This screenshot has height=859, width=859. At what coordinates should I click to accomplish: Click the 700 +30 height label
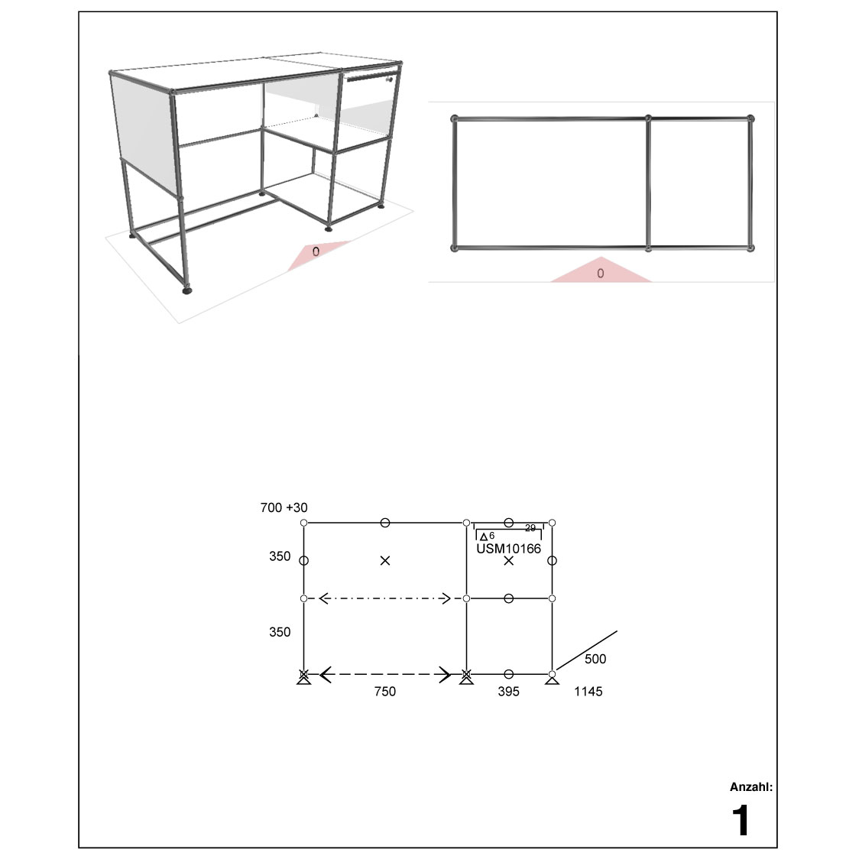284,508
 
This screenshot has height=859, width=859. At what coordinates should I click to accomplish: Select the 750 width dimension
384,692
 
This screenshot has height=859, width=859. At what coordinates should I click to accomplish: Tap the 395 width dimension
508,692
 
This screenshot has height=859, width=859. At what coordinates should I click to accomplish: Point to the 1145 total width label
588,692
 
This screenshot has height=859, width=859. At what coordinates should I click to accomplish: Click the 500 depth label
595,659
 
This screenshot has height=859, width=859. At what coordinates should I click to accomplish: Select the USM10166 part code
508,549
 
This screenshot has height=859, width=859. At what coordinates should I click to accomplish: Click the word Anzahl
750,787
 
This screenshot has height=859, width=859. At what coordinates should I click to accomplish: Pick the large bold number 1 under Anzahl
741,820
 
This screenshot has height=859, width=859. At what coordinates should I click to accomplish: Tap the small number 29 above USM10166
530,528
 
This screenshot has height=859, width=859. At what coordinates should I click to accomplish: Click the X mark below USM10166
509,560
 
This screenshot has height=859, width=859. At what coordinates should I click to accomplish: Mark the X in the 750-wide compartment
385,560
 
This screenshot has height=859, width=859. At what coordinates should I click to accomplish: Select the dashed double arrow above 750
385,674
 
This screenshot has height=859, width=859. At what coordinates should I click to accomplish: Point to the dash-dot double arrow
384,598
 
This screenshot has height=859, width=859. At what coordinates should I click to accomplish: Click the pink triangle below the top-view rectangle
601,269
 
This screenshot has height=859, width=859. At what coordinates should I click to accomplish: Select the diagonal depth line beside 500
586,650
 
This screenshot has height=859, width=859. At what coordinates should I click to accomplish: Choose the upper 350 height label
280,556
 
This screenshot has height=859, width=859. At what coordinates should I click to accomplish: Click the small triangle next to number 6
484,537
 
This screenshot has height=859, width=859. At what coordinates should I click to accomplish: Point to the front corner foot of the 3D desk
187,290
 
